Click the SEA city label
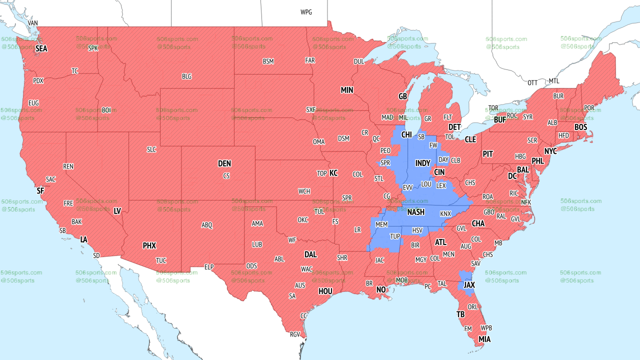[x=41, y=49]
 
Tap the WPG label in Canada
[x=306, y=12]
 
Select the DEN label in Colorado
[x=224, y=163]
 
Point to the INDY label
[x=422, y=163]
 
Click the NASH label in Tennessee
[x=415, y=212]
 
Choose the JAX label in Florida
[x=469, y=285]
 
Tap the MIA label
[x=484, y=339]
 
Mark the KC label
[x=333, y=173]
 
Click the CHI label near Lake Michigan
[x=406, y=135]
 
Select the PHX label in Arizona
[x=149, y=245]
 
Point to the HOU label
[x=325, y=291]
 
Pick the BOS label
[x=580, y=127]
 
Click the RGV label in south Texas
[x=295, y=334]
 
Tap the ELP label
[x=209, y=267]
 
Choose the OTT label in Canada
[x=532, y=82]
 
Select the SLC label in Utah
[x=151, y=149]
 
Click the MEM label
[x=381, y=225]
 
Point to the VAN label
[x=33, y=23]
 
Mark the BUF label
[x=499, y=120]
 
